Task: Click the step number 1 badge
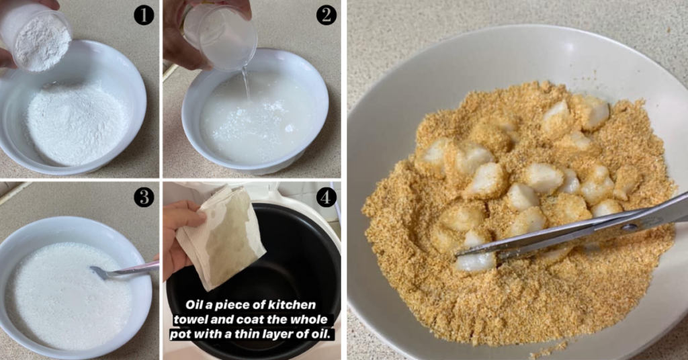143,14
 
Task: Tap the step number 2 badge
327,14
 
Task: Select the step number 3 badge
143,197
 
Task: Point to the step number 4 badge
327,197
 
